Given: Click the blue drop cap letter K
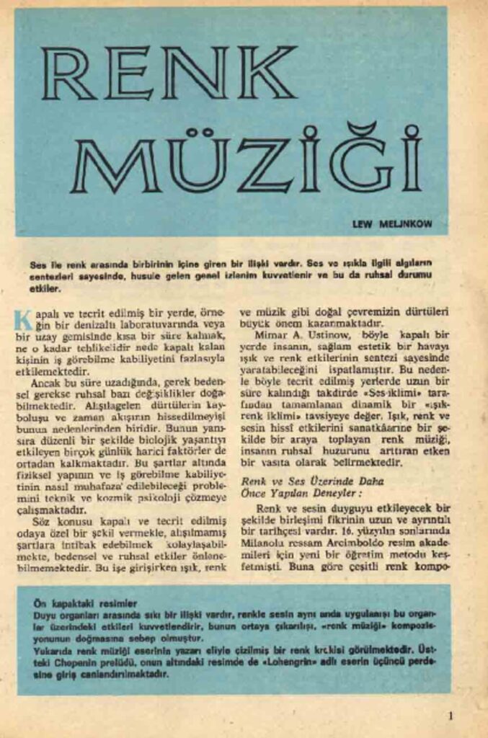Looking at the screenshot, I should [x=22, y=319].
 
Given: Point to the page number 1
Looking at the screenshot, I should [x=451, y=716].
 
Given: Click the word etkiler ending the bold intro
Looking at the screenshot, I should [x=46, y=289].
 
